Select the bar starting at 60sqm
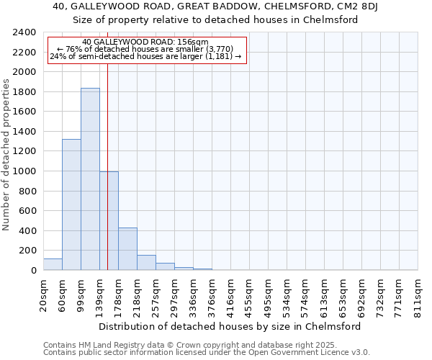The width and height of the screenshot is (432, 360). point(71,204)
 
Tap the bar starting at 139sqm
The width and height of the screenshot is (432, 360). point(109,221)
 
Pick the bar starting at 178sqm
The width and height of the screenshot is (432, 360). point(127,249)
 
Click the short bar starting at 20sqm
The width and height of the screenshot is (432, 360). point(53,264)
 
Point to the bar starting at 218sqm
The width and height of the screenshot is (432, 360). point(146,263)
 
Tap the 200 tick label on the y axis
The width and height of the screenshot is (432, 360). point(27,251)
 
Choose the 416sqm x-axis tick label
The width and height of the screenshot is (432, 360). point(230,294)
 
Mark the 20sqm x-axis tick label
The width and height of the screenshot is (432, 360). point(43,294)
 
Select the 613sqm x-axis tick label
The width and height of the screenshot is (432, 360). point(325,294)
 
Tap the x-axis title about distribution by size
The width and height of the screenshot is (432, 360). point(230,326)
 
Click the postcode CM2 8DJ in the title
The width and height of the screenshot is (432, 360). point(367,7)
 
